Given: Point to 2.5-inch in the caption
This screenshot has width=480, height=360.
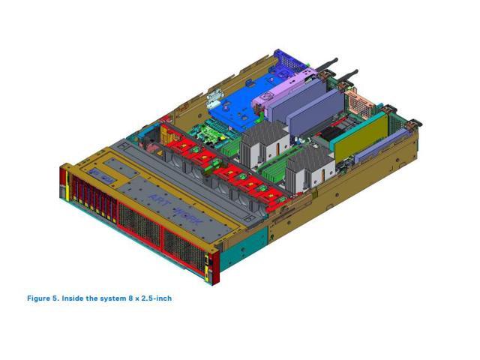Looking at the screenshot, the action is point(157,298).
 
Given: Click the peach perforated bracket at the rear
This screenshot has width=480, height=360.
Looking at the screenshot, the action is point(360,103).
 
